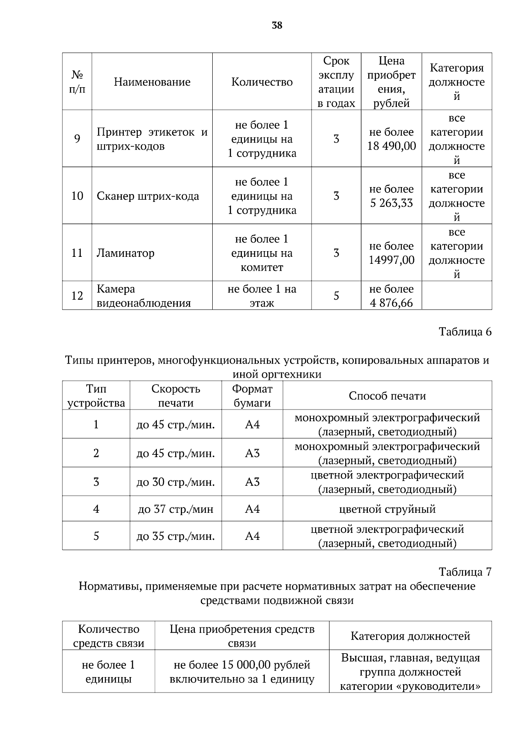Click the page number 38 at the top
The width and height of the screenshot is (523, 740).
pos(277,26)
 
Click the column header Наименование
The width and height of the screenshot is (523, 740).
pos(152,82)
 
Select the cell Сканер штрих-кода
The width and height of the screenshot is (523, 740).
pos(148,196)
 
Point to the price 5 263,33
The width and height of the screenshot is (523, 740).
pos(391,203)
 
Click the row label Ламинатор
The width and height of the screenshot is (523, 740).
pos(126,253)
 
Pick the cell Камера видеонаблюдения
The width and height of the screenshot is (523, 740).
pos(143,296)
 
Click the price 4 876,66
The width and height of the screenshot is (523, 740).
pos(391,303)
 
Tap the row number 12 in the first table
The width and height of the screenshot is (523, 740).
pos(77,296)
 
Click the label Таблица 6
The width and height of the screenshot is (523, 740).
pos(465,332)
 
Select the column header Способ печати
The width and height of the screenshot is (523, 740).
pos(387,396)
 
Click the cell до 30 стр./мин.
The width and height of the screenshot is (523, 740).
pos(176,482)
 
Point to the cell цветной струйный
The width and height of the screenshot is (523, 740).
pos(387,509)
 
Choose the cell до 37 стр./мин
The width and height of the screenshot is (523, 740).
pos(176,509)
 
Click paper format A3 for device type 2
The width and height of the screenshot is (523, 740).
pos(252,454)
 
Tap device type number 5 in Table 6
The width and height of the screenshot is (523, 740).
pos(96,536)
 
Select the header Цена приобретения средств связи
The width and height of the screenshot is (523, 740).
pos(242,636)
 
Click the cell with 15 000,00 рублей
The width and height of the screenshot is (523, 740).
pos(242,665)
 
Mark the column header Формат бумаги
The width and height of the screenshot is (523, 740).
pos(252,396)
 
